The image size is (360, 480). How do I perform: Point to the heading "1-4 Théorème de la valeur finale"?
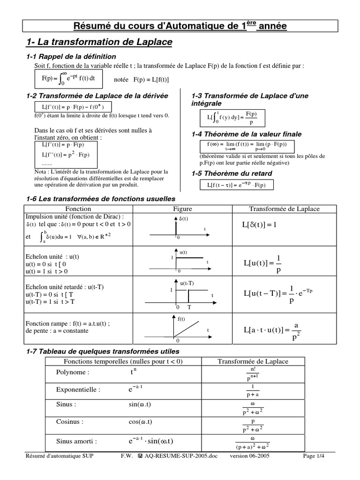tap(247, 134)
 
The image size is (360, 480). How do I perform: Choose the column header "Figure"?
tap(183, 209)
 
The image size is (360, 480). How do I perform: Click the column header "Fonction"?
tap(78, 209)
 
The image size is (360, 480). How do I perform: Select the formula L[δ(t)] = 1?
tap(260, 225)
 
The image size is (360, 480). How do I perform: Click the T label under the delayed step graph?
tap(189, 307)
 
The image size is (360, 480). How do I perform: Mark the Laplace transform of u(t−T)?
tap(278, 294)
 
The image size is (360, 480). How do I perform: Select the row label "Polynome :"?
tap(72, 372)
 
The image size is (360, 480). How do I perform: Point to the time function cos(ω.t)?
tap(141, 421)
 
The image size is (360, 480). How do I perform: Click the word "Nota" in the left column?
tap(41, 171)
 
